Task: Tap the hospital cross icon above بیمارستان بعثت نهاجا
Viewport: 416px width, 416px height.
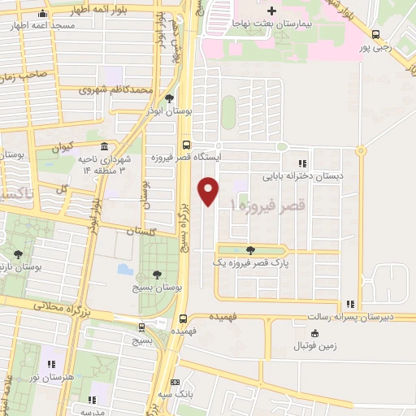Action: tap(273, 11)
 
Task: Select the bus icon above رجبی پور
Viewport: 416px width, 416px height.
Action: tap(375, 35)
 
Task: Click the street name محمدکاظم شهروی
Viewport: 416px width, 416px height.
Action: tap(116, 89)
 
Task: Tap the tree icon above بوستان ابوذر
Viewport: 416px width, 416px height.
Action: tap(168, 99)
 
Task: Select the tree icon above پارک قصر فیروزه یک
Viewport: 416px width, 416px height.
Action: tap(249, 249)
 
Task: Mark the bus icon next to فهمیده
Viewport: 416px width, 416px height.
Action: tap(184, 318)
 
